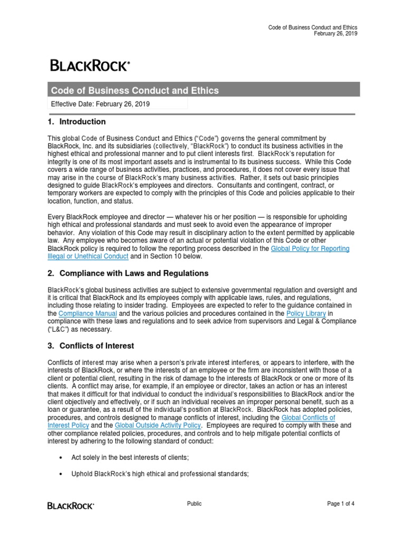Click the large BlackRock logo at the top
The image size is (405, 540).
90,66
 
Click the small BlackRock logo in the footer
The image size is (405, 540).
71,506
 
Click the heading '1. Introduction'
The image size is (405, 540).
77,122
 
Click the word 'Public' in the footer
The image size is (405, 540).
195,504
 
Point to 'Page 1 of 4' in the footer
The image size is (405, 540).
341,504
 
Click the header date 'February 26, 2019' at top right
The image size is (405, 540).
335,34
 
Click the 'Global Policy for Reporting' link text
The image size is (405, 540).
310,248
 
